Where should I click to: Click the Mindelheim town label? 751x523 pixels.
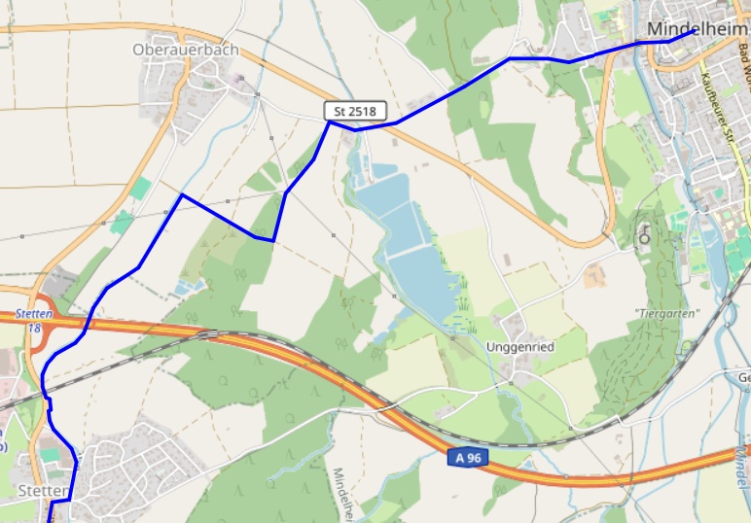tap(697, 28)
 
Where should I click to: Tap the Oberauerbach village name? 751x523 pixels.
tap(185, 50)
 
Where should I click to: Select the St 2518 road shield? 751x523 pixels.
tap(354, 112)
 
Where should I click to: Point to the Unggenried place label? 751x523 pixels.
tap(520, 347)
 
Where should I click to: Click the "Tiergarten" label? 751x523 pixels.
tap(666, 313)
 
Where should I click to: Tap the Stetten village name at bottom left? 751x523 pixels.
tap(42, 490)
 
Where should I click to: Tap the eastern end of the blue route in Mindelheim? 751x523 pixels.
tap(694, 30)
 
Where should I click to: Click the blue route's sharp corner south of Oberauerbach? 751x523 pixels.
tap(182, 195)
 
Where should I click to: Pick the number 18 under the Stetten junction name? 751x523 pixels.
tap(35, 329)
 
